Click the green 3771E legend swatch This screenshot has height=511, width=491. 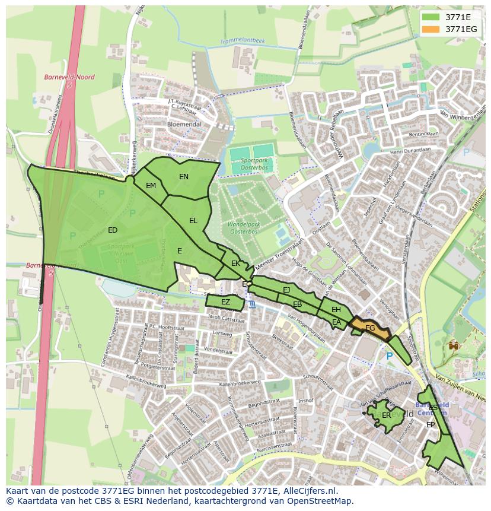[431, 17]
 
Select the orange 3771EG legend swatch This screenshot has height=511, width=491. [431, 28]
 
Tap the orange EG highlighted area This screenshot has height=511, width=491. [371, 328]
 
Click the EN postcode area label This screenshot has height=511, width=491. [184, 177]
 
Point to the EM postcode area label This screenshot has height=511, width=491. [151, 186]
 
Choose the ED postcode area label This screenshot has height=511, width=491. [113, 230]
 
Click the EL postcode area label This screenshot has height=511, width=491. [193, 221]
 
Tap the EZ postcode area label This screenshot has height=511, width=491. [225, 302]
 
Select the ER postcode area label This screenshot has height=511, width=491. [386, 415]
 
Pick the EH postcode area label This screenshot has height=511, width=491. [336, 310]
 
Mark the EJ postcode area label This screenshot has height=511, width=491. [286, 290]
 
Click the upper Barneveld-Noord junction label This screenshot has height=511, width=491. [60, 77]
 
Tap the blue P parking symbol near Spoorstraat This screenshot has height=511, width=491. [389, 356]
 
